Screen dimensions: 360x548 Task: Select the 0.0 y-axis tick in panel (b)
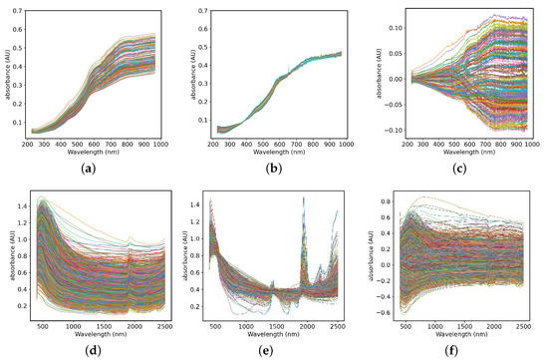tap(203, 141)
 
